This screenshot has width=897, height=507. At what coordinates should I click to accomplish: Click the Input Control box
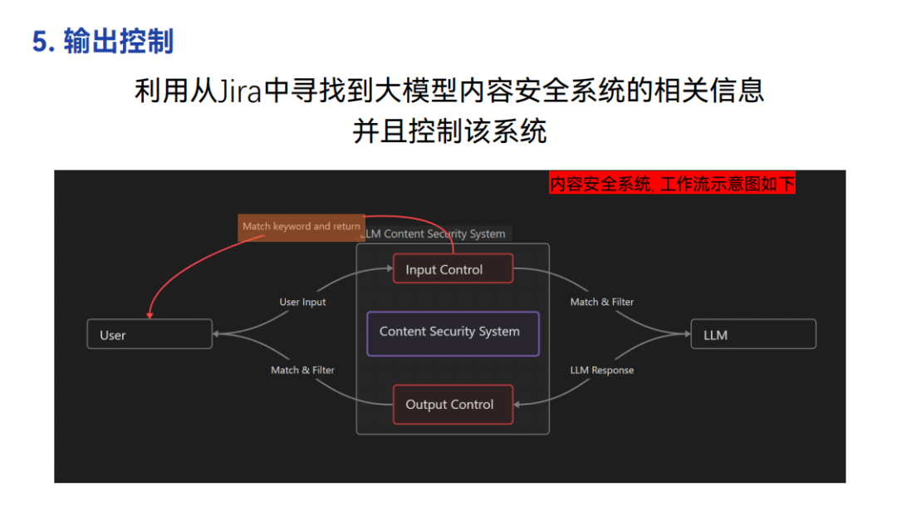coord(453,268)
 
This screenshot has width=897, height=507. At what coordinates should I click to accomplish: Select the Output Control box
coord(453,405)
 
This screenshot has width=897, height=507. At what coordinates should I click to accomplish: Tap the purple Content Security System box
coord(453,333)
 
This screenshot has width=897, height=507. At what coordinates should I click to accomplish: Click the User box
coord(149,334)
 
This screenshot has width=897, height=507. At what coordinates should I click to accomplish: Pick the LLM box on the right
coord(753,334)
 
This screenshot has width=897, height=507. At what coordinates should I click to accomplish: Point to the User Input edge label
coord(302,303)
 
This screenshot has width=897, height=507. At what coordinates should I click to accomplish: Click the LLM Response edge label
coord(602,370)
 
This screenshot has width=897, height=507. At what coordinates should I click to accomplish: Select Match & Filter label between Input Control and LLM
coord(602,302)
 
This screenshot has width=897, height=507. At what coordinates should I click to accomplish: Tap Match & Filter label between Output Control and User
coord(302,370)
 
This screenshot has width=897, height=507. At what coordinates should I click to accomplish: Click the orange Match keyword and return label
coord(301,227)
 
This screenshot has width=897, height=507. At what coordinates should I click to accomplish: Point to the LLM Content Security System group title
coord(435,234)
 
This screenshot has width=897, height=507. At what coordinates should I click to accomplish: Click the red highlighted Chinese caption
coord(672,184)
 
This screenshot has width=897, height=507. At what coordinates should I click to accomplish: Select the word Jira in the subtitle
coord(239,91)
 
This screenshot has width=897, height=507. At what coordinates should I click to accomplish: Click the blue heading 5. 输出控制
coord(103,42)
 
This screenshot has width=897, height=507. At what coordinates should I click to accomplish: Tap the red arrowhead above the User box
coord(149,315)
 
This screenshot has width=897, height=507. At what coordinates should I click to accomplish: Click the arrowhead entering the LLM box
coord(688,333)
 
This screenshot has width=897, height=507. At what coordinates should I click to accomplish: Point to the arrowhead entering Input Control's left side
coord(390,268)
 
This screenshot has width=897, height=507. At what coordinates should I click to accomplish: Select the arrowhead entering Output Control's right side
coord(517,405)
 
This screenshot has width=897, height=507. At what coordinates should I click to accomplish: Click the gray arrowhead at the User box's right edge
coord(216,334)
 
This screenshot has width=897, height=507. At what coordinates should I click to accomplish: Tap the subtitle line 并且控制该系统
coord(449,131)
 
